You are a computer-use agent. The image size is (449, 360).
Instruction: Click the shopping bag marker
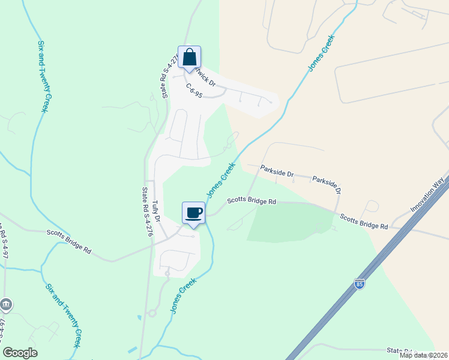(189, 58)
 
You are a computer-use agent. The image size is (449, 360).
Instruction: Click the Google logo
(20, 353)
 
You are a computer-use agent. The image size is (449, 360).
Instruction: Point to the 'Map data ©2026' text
(423, 355)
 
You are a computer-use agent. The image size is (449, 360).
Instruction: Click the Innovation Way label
(430, 193)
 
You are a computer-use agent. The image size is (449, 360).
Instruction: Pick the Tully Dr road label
(157, 212)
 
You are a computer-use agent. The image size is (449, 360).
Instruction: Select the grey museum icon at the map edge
(6, 305)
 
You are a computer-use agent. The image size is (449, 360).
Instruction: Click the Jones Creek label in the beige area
(322, 53)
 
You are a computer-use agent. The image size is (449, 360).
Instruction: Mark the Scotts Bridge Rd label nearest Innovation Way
(364, 221)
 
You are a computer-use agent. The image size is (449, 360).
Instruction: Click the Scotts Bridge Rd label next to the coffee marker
(250, 203)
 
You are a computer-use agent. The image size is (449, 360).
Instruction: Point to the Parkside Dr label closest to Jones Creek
(277, 172)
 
